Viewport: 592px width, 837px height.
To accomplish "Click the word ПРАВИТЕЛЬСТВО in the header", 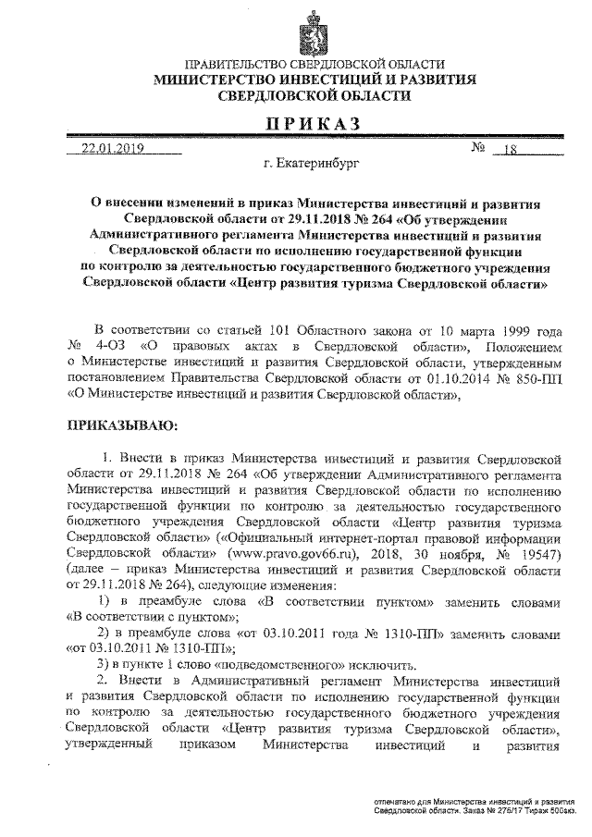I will pos(237,65).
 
